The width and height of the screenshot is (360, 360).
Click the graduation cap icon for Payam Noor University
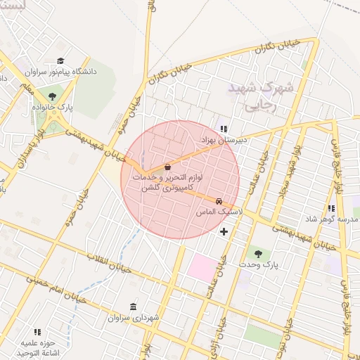(60, 61)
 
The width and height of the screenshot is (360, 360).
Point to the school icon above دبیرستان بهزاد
(224, 129)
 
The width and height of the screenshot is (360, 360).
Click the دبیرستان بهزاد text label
(224, 140)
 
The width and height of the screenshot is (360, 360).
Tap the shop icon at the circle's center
(167, 167)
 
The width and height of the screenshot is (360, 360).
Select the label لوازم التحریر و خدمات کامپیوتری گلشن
(167, 184)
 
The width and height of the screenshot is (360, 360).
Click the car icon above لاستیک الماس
(219, 200)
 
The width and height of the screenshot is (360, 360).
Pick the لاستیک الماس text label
(221, 211)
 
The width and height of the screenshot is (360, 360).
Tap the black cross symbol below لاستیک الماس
(224, 231)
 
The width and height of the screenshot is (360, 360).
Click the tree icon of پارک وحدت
(257, 253)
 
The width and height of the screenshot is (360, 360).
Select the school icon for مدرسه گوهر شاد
(331, 209)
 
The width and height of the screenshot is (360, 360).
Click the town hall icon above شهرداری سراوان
(134, 307)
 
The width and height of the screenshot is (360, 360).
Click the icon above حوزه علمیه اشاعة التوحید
(37, 331)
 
